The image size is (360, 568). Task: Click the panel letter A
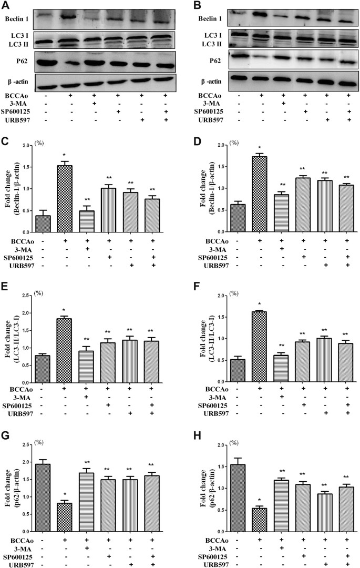coord(6,5)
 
